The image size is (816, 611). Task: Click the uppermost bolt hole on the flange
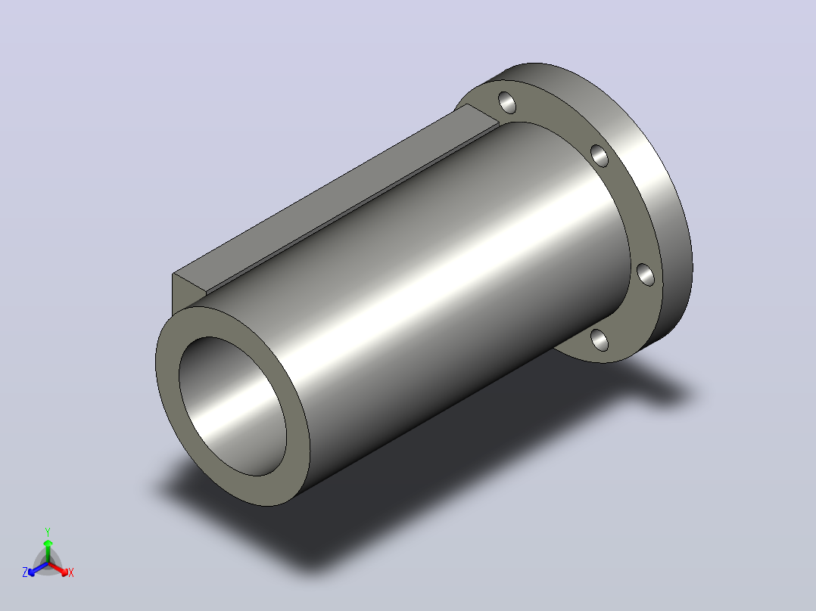pos(507,102)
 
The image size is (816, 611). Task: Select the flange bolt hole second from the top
pos(600,156)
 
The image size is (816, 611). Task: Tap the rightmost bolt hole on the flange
pos(646,274)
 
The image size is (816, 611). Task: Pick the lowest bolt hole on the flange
pos(600,340)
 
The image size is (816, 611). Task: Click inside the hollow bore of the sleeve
pos(232,405)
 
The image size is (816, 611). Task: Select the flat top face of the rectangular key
pos(333,197)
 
